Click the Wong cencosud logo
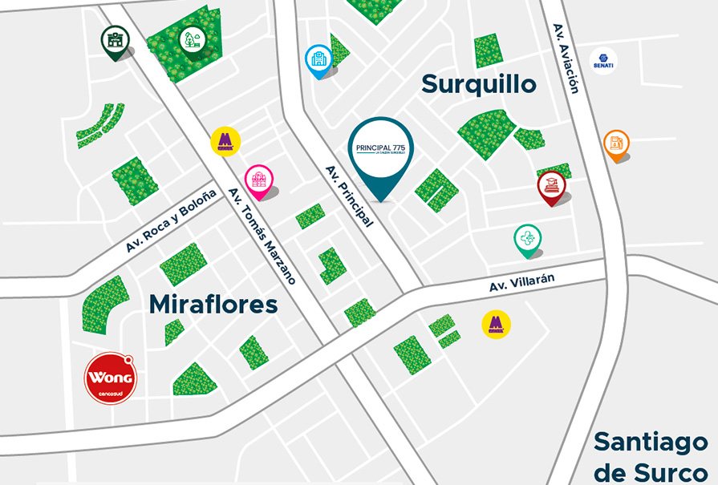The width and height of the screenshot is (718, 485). pyautogui.click(x=111, y=378)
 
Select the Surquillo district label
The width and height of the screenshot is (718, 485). pyautogui.click(x=478, y=83)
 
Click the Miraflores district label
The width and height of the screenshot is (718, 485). pyautogui.click(x=213, y=305)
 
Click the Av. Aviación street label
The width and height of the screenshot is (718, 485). pyautogui.click(x=566, y=58)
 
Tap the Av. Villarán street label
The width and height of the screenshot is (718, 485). pyautogui.click(x=522, y=281)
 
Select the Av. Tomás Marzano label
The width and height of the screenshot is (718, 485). pyautogui.click(x=262, y=236)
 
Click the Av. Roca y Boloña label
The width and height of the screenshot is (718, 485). pyautogui.click(x=171, y=222)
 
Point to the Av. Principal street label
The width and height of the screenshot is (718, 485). pyautogui.click(x=349, y=196)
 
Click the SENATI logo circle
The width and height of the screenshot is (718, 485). pyautogui.click(x=602, y=62)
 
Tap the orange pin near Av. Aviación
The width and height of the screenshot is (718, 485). pyautogui.click(x=616, y=144)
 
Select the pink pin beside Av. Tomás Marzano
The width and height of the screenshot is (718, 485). pyautogui.click(x=258, y=180)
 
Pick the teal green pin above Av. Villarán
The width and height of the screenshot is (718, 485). pyautogui.click(x=527, y=239)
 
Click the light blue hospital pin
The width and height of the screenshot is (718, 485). pyautogui.click(x=318, y=59)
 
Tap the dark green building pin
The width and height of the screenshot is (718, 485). pyautogui.click(x=115, y=40)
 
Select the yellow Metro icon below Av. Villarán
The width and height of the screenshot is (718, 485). pyautogui.click(x=496, y=324)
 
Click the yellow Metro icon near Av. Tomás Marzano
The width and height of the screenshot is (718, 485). pyautogui.click(x=225, y=141)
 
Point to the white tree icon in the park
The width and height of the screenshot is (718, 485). pyautogui.click(x=192, y=39)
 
